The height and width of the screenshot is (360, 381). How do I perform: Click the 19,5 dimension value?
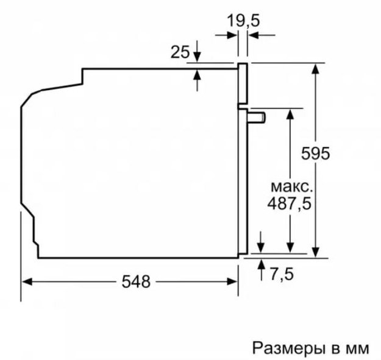[x=243, y=21]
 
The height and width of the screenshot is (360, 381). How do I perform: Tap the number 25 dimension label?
[x=180, y=53]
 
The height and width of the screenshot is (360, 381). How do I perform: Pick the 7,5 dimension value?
[x=280, y=274]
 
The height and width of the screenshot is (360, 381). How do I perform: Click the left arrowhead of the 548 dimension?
[x=26, y=281]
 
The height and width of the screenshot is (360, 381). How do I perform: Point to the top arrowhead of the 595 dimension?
[x=315, y=67]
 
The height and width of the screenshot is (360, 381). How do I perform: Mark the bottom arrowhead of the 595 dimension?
[x=315, y=251]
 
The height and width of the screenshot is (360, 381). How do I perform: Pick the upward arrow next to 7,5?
[x=262, y=263]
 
